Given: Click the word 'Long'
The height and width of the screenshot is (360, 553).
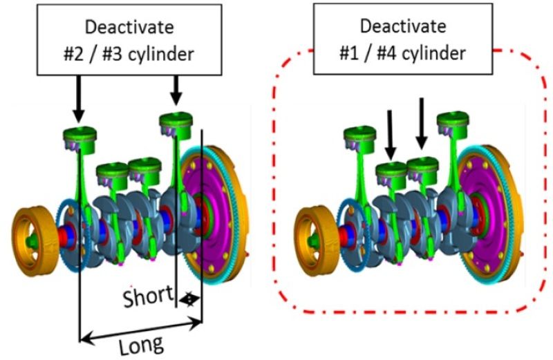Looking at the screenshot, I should click(x=141, y=343).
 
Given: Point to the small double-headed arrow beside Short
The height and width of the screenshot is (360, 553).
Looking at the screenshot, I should click(x=189, y=299).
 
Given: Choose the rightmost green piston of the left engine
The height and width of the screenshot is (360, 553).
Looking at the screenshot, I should click(x=176, y=123).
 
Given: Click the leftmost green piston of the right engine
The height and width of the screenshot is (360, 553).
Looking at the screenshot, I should click(x=359, y=138).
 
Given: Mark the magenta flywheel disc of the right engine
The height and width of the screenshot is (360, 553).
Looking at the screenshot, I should click(x=492, y=207).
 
